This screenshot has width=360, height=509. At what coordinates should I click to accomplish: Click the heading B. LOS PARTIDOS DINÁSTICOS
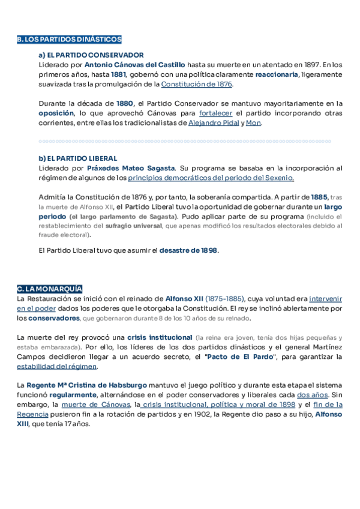click(x=69, y=40)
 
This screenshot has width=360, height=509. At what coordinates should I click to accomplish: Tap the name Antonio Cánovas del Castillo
click(x=135, y=65)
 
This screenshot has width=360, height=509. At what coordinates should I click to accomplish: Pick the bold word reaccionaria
click(x=277, y=74)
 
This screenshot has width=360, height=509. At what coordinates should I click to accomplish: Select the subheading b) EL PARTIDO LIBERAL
click(x=77, y=158)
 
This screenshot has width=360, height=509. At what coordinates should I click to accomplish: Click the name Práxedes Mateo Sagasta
click(x=131, y=168)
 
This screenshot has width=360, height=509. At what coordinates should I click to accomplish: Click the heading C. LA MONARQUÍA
click(x=50, y=289)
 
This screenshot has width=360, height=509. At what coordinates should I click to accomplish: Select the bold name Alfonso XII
click(x=184, y=298)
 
